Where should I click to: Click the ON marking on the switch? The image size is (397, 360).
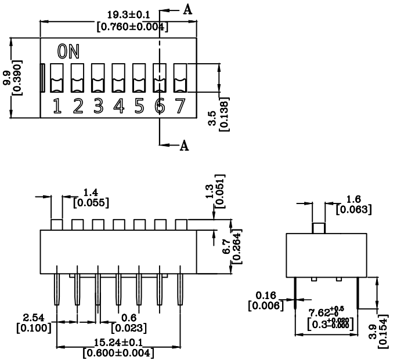pyautogui.click(x=68, y=52)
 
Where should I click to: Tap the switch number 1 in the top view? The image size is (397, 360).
pyautogui.click(x=57, y=106)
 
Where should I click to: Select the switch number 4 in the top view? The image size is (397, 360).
pyautogui.click(x=118, y=106)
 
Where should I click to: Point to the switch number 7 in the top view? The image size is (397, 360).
pyautogui.click(x=181, y=106)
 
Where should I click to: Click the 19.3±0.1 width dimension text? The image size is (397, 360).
pyautogui.click(x=129, y=15)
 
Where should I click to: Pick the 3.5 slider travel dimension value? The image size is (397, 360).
pyautogui.click(x=212, y=118)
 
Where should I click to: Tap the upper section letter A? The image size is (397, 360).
pyautogui.click(x=187, y=10)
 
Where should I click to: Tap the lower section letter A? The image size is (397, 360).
pyautogui.click(x=185, y=146)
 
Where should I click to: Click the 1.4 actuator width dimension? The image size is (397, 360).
pyautogui.click(x=91, y=192)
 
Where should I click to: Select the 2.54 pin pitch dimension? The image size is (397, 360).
pyautogui.click(x=34, y=318)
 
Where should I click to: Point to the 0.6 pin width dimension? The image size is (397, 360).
pyautogui.click(x=129, y=318)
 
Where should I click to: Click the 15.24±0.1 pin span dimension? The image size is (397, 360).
pyautogui.click(x=118, y=343)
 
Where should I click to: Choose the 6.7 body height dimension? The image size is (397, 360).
pyautogui.click(x=226, y=247)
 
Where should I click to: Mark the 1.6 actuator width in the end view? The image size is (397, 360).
pyautogui.click(x=353, y=199)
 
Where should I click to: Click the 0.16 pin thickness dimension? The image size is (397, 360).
pyautogui.click(x=266, y=295)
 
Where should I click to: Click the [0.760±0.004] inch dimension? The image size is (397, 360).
pyautogui.click(x=132, y=27)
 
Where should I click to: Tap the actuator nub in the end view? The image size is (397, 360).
pyautogui.click(x=319, y=228)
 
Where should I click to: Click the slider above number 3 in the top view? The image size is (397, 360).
pyautogui.click(x=98, y=78)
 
